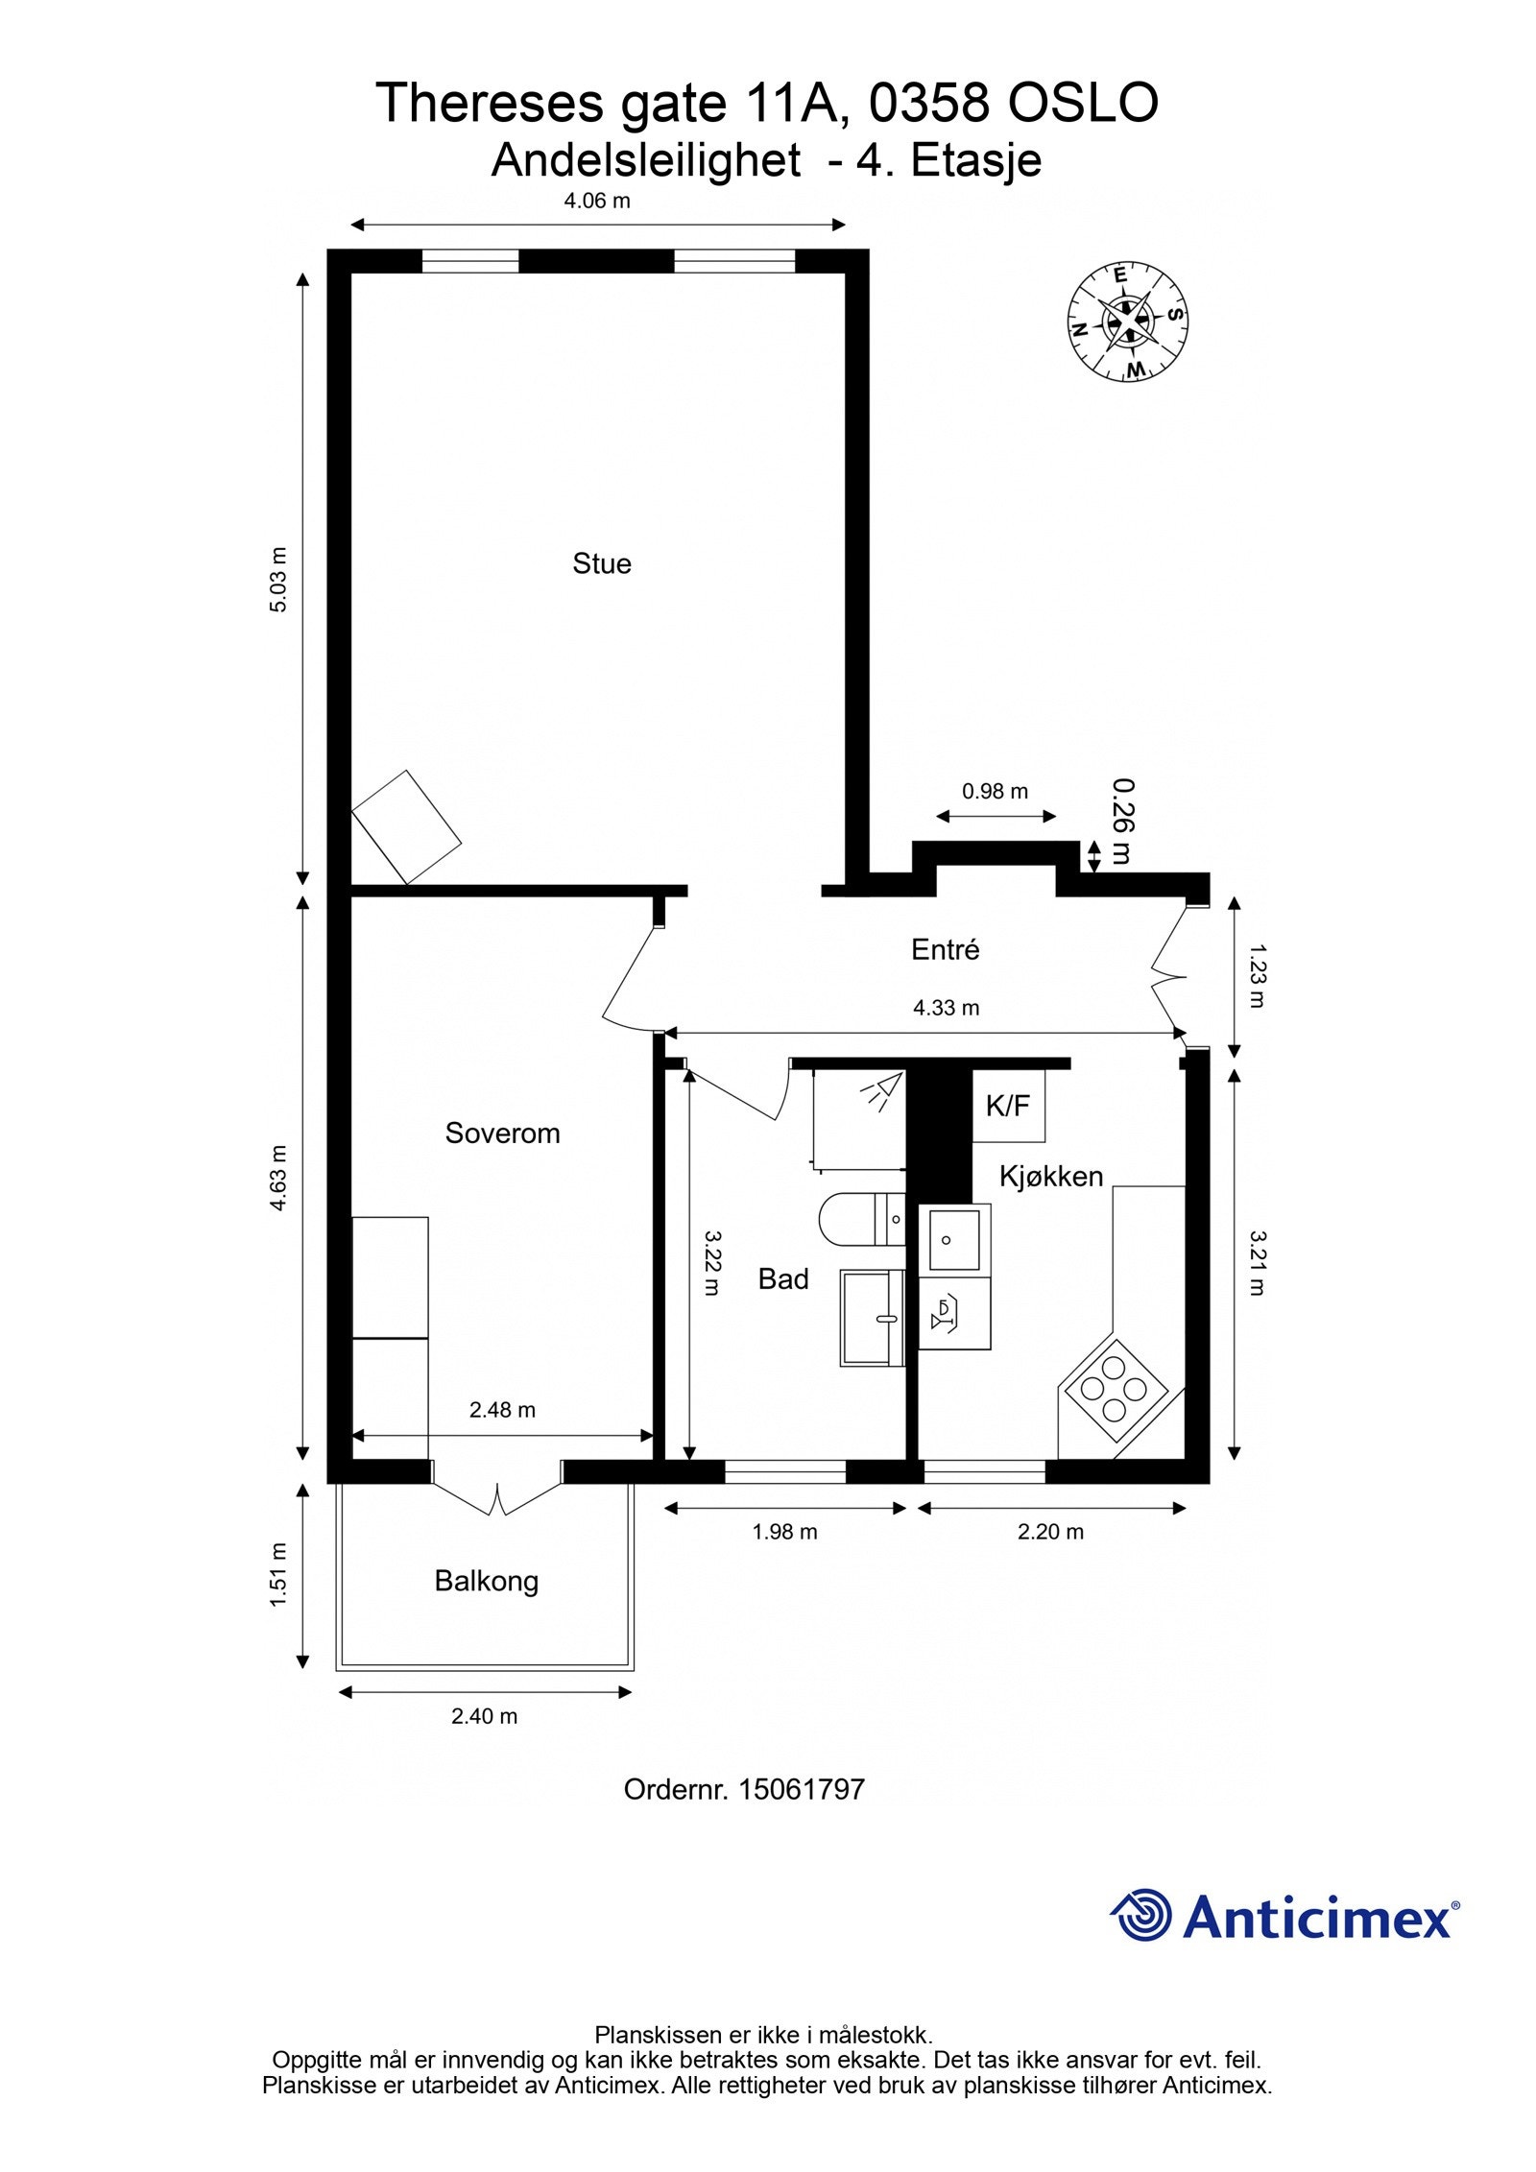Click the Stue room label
point(601,563)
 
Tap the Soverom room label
point(502,1134)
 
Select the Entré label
point(945,950)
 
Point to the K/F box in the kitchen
point(1008,1107)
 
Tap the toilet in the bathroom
point(859,1220)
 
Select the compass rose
point(1127,321)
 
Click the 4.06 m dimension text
point(596,201)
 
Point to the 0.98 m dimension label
point(995,791)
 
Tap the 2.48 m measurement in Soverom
point(502,1410)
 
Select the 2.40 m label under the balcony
point(484,1716)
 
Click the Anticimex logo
point(1284,1918)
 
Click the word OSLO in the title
point(1082,104)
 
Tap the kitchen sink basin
point(953,1239)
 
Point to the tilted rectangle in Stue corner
point(406,826)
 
